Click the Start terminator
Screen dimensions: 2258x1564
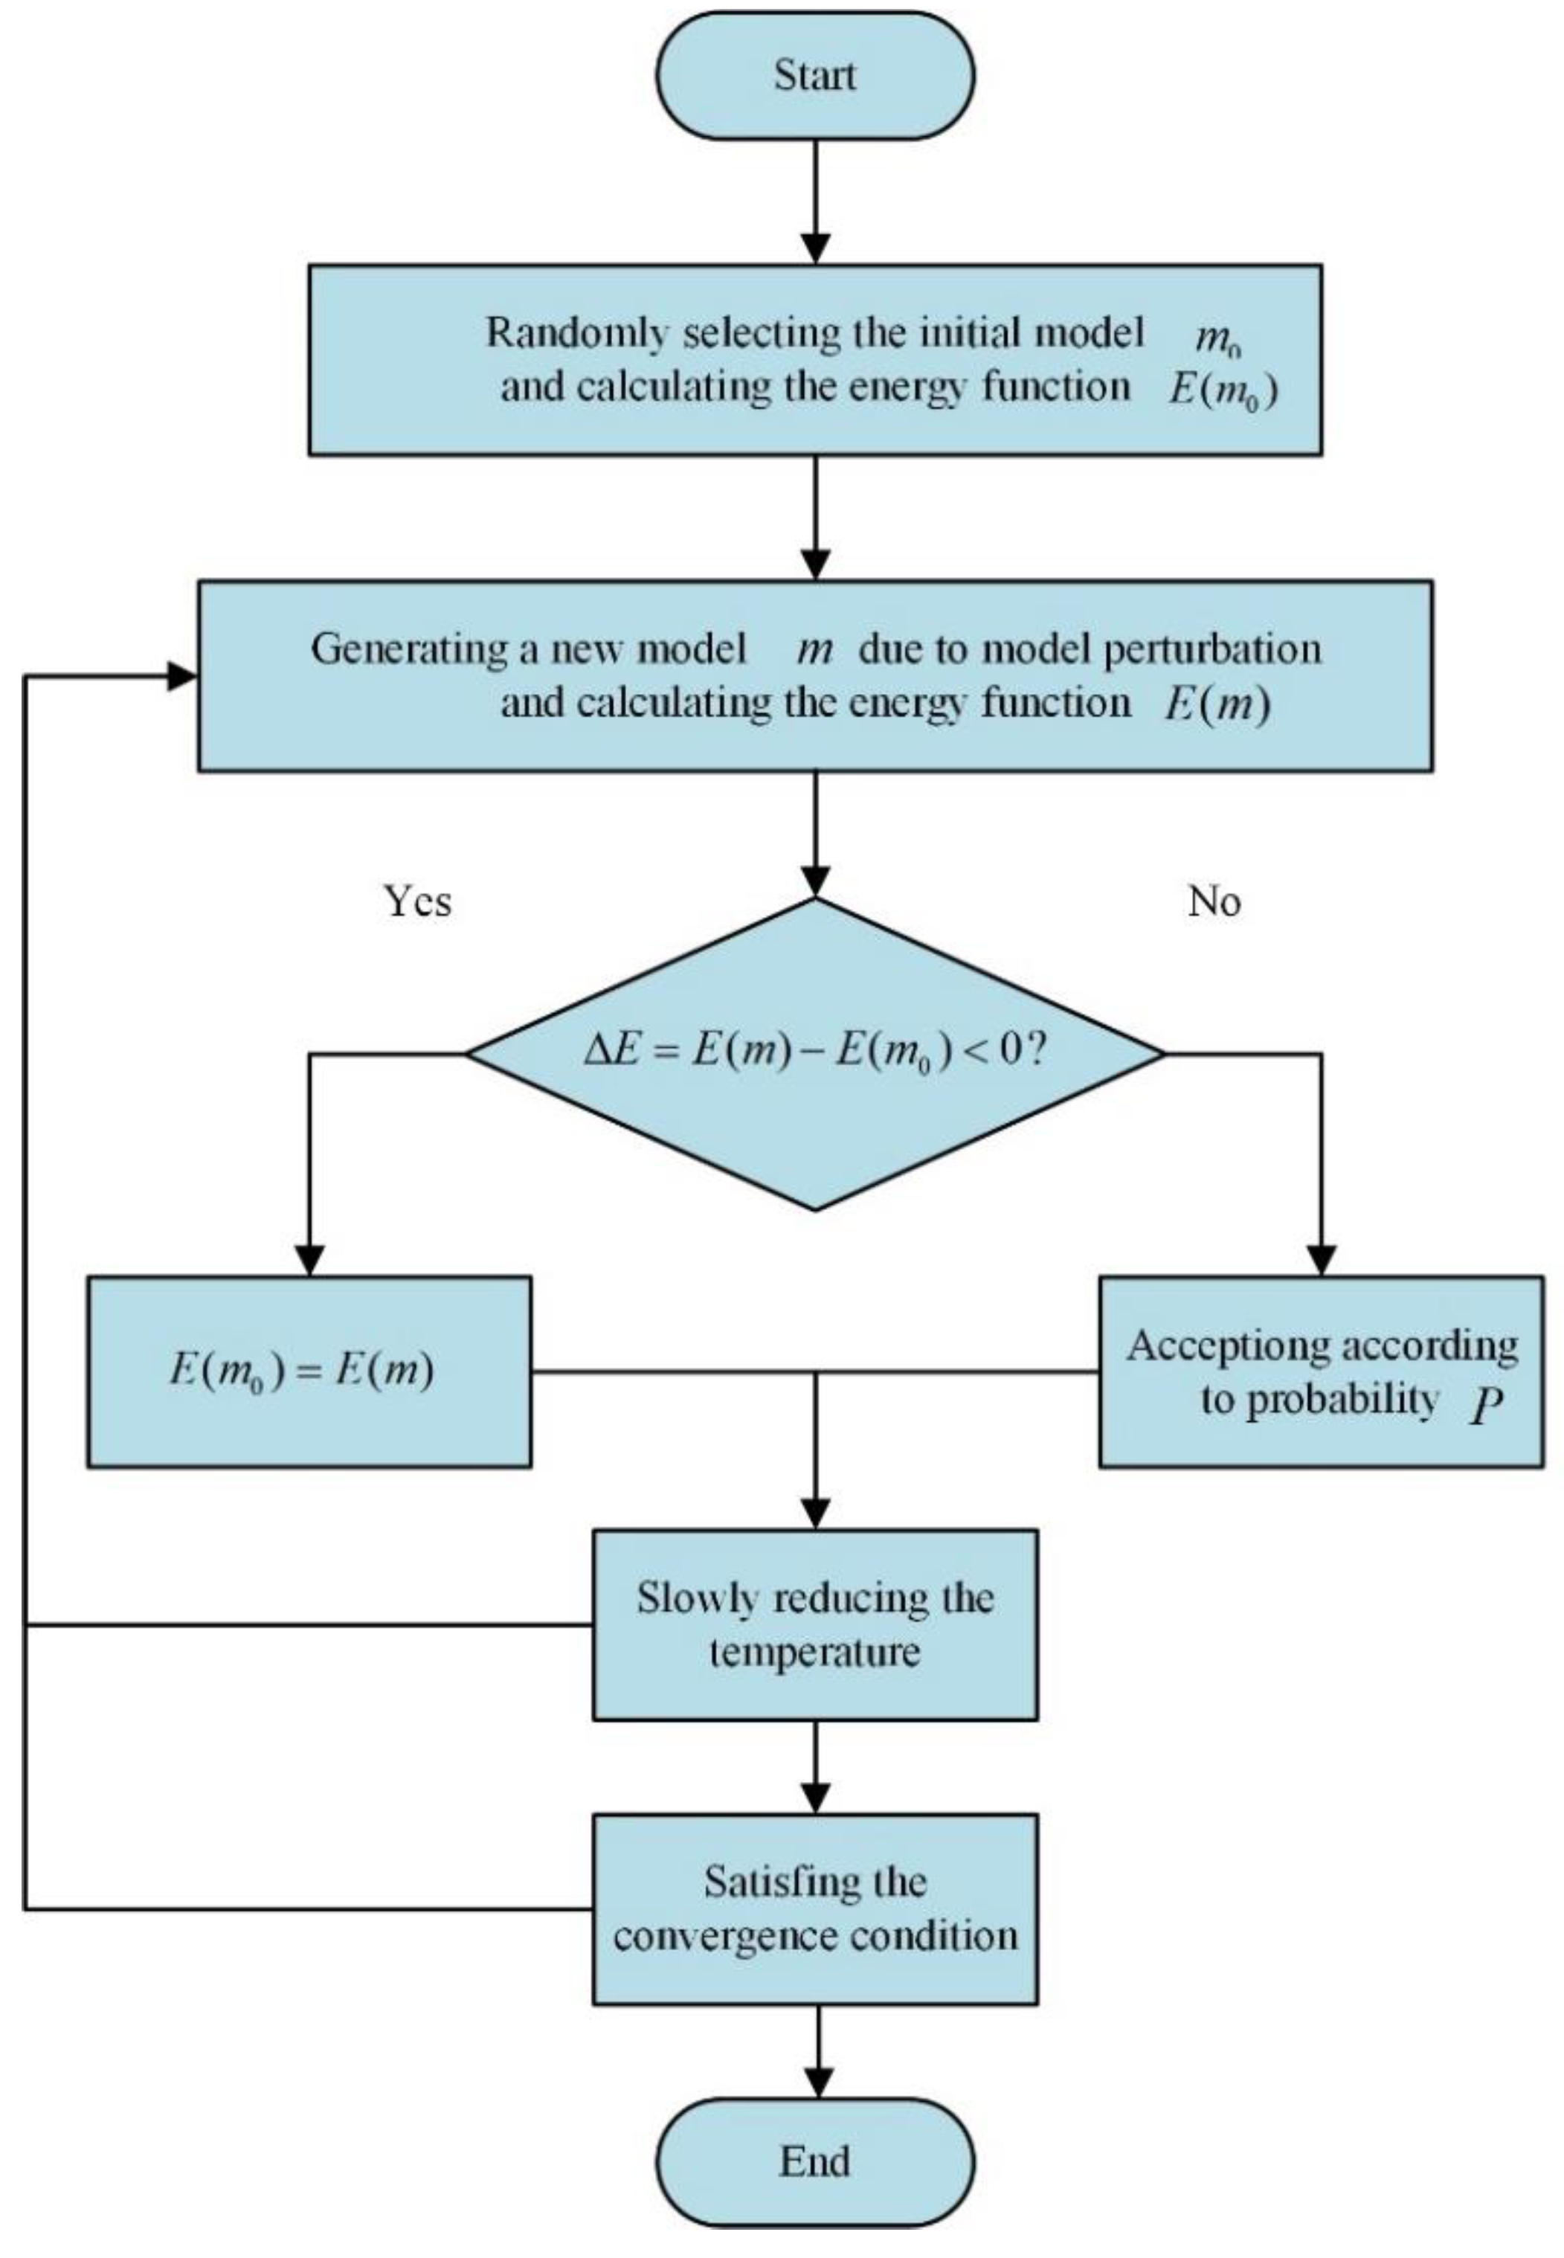tap(814, 75)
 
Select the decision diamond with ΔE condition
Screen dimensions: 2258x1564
tap(814, 1054)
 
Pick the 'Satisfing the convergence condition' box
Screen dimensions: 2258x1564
tap(814, 1908)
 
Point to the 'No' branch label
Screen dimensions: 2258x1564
tap(1214, 901)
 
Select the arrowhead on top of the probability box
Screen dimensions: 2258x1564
tap(1321, 1261)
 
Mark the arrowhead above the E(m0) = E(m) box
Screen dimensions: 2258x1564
tap(309, 1261)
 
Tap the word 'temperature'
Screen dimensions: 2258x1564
tap(814, 1653)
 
